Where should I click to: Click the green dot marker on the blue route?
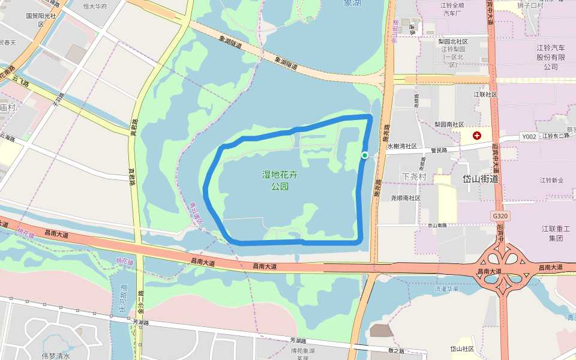(x=364, y=155)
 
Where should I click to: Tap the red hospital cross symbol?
(x=477, y=136)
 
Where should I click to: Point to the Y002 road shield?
(x=529, y=137)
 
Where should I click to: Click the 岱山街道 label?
(x=481, y=179)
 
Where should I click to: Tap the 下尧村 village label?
(x=414, y=177)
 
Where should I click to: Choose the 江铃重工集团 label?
(x=556, y=233)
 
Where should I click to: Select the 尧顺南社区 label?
(x=406, y=197)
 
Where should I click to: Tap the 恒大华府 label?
(x=95, y=7)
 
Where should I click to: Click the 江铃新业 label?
(x=551, y=180)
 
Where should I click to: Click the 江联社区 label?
(x=485, y=94)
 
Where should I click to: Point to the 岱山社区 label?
(x=462, y=349)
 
